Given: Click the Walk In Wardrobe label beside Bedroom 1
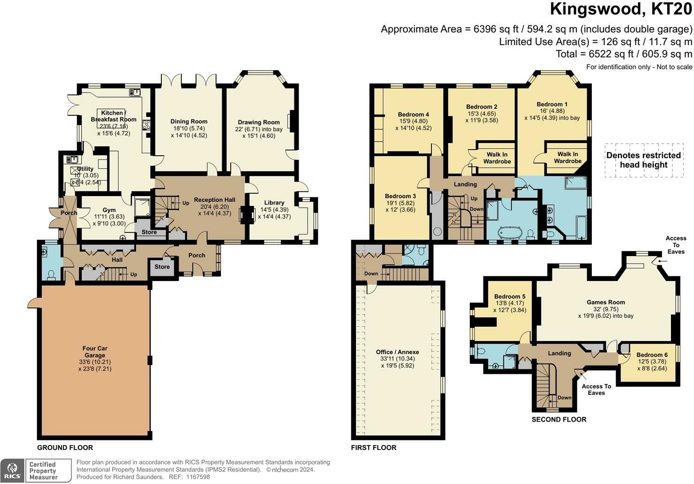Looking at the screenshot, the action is point(567,158).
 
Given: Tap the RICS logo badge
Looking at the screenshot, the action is point(12,471).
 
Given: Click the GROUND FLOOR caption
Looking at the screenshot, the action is point(65,448).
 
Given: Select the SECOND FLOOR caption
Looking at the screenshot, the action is point(559,420).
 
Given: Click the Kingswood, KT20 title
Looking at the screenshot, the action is point(621,9).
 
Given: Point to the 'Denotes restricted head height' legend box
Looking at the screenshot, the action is point(644,160).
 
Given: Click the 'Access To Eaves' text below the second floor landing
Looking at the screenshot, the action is point(596,389).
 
